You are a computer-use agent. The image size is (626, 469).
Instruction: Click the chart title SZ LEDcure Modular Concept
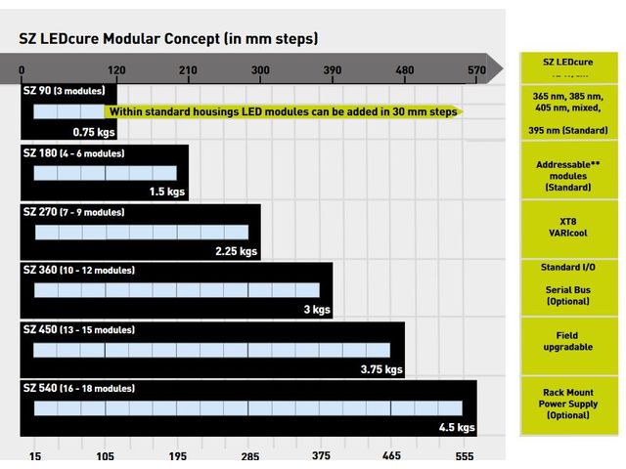click(x=168, y=39)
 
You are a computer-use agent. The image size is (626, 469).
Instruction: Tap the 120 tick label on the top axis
click(x=116, y=69)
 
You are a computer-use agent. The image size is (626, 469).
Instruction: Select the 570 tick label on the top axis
click(x=476, y=69)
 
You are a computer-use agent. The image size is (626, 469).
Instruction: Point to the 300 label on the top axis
click(x=260, y=69)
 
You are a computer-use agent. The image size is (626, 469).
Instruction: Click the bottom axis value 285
click(x=249, y=456)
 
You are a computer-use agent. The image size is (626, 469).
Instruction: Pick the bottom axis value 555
click(x=465, y=456)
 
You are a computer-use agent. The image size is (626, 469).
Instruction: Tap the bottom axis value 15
click(x=34, y=456)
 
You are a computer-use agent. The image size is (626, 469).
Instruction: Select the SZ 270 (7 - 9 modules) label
click(x=74, y=211)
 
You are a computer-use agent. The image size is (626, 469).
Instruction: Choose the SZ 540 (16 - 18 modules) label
click(x=79, y=388)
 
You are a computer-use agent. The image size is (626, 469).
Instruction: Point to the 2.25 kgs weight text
click(x=236, y=251)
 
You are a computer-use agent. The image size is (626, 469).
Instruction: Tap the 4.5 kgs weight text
click(x=456, y=427)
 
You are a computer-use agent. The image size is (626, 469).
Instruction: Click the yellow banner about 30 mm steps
click(x=282, y=111)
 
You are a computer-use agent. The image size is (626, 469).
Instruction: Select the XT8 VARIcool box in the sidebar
click(x=567, y=227)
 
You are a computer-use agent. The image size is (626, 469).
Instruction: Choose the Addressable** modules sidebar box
click(x=567, y=170)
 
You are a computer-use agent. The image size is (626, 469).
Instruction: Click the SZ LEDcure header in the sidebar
click(x=567, y=63)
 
